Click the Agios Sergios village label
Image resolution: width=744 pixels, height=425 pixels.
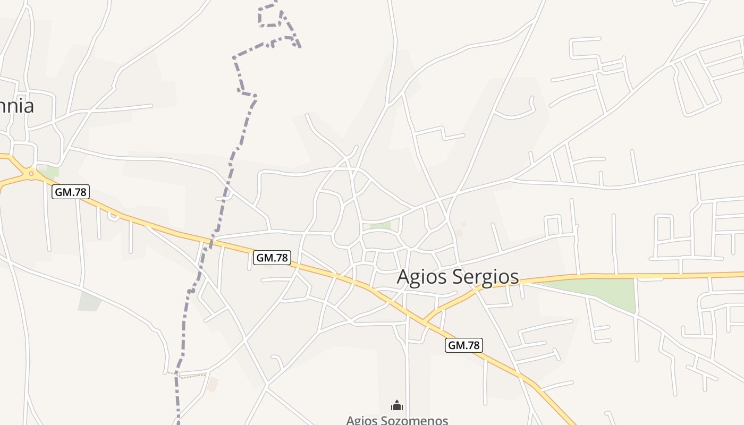(x=458, y=276)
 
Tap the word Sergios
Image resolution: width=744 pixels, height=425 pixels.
(x=484, y=277)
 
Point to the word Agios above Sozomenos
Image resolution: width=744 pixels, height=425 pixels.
(x=363, y=420)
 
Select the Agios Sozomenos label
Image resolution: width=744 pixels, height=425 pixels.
(x=397, y=420)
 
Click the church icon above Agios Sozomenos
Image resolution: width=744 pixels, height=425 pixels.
(x=397, y=406)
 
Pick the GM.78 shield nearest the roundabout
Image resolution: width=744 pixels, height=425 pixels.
(x=71, y=192)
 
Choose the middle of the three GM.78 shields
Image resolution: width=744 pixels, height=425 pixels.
(x=272, y=258)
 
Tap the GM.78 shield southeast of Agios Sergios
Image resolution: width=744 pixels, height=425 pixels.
(x=463, y=345)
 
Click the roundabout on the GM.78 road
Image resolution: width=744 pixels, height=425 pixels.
(x=31, y=173)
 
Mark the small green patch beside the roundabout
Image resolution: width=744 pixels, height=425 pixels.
(x=51, y=172)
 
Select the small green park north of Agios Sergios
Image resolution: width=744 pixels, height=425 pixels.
(x=380, y=226)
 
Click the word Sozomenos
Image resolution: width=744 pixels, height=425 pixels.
(x=417, y=420)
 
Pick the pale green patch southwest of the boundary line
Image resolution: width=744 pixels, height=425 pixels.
(x=89, y=302)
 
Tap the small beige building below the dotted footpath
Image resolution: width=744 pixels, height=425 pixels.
(x=213, y=384)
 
